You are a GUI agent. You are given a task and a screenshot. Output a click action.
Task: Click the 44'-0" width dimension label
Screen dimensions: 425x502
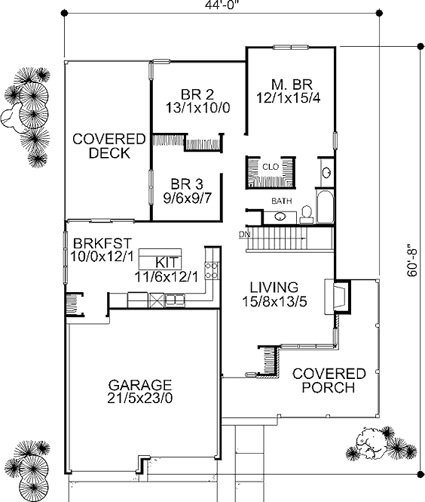[222, 5]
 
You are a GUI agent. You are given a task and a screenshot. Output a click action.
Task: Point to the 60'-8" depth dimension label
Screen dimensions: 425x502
[412, 260]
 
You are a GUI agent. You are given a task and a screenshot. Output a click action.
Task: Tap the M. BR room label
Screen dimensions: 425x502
[292, 85]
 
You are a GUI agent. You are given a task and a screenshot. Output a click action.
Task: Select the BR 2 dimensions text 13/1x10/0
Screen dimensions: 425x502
[197, 108]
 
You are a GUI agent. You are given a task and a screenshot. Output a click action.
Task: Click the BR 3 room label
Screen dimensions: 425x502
[187, 184]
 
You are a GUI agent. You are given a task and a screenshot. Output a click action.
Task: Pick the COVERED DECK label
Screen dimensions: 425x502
[109, 146]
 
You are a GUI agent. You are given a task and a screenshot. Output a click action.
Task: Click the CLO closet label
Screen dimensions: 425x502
[271, 167]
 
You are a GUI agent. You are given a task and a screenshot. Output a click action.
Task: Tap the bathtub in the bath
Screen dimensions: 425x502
[325, 207]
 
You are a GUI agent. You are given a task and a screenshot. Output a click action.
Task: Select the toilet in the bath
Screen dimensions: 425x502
[307, 214]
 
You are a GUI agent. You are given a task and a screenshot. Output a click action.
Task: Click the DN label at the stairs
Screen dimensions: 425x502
[244, 234]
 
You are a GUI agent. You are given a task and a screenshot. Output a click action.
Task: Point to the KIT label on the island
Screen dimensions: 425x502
[167, 263]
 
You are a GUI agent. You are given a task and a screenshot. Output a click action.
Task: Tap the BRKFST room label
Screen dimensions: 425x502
[102, 243]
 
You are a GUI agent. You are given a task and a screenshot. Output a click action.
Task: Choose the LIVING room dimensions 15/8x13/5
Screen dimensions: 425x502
[274, 302]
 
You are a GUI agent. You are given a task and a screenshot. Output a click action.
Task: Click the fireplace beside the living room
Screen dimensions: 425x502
[338, 297]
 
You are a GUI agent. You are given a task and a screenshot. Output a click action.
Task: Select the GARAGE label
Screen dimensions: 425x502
[140, 384]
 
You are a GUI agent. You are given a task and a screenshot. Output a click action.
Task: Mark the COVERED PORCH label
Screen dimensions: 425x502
[329, 380]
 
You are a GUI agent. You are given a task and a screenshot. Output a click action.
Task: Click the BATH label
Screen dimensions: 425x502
[282, 201]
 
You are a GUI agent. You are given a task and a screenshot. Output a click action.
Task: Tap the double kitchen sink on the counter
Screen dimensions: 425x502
[175, 300]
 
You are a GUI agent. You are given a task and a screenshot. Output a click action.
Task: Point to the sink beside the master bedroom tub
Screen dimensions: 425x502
[326, 173]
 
